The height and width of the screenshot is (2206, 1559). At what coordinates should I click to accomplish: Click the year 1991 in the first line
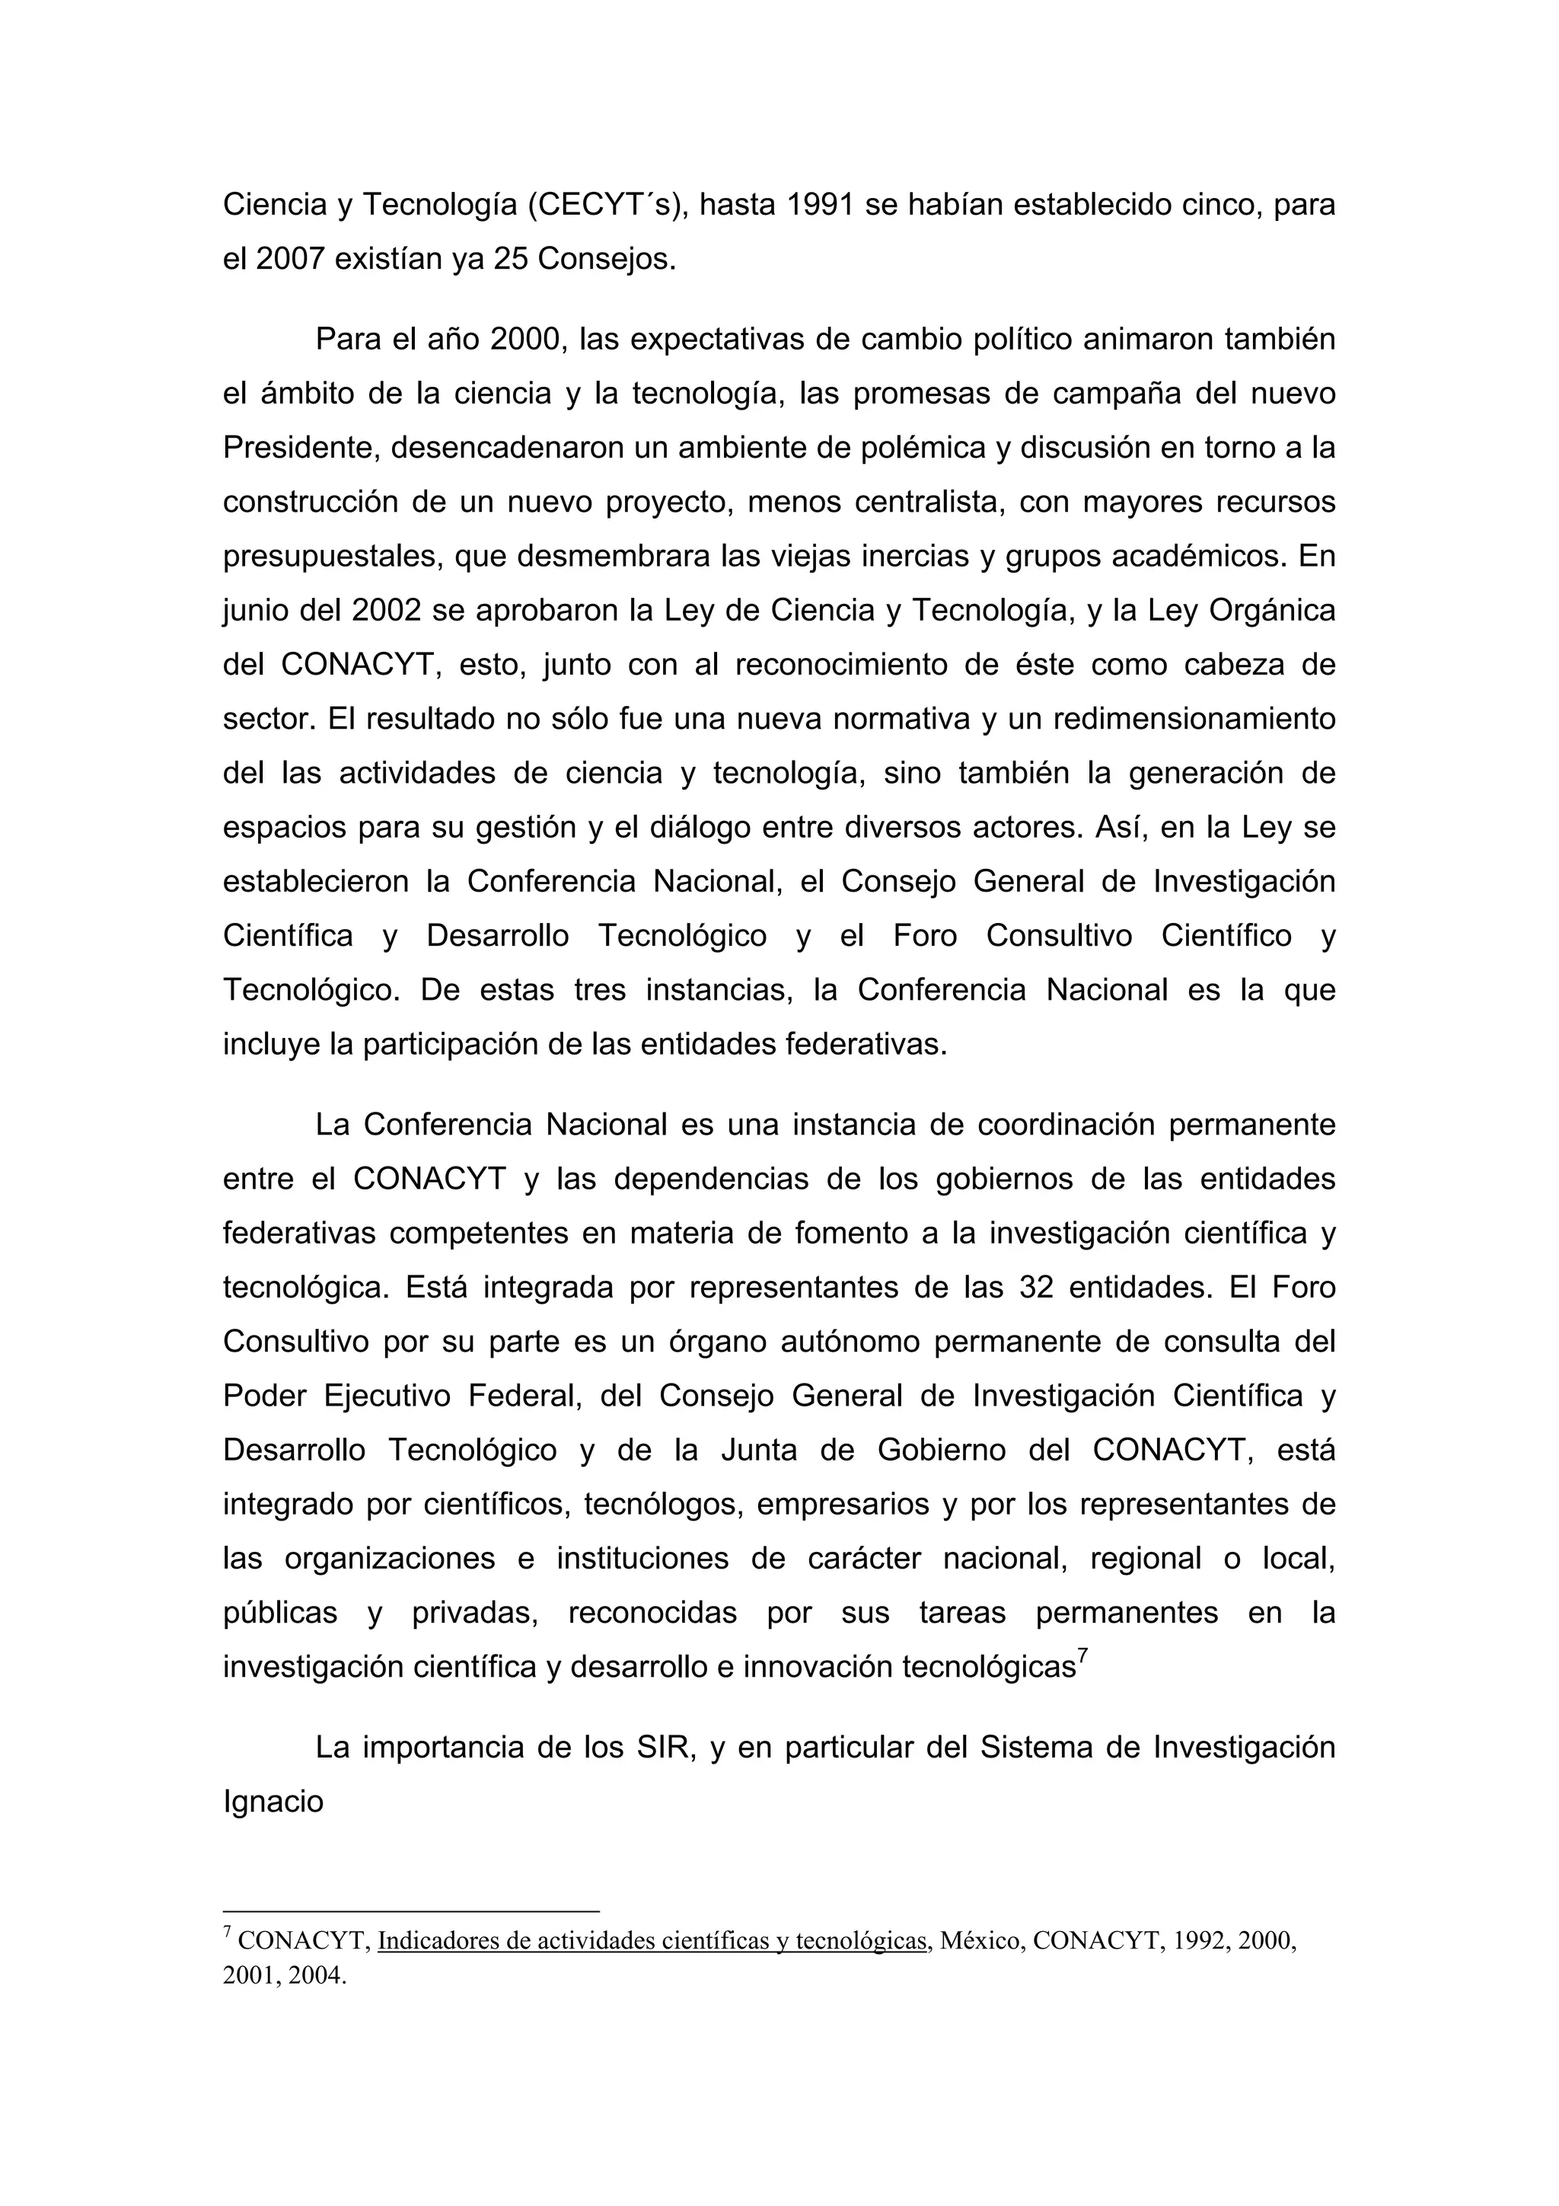click(x=819, y=205)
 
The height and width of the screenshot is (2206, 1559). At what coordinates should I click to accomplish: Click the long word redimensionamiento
click(x=1194, y=719)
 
